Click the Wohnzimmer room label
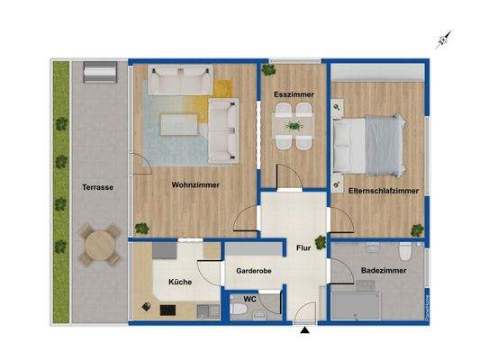tap(195, 185)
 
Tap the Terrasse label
tap(95, 187)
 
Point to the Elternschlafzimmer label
tap(383, 191)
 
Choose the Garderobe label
tap(254, 270)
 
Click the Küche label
tap(179, 283)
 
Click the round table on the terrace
tap(100, 243)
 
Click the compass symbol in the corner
tap(443, 39)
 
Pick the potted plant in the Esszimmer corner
tap(268, 69)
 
